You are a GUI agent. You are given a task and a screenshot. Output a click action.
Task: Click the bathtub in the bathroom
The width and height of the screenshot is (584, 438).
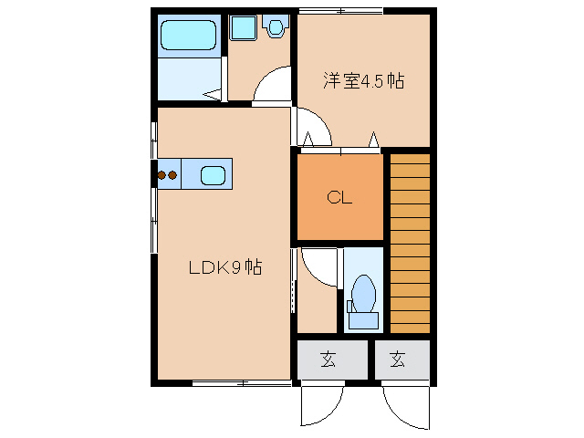[x=190, y=36]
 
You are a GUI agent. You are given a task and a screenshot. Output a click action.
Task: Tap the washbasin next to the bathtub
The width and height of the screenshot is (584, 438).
[x=243, y=28]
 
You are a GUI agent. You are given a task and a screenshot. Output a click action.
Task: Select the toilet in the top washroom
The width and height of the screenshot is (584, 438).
[x=275, y=27]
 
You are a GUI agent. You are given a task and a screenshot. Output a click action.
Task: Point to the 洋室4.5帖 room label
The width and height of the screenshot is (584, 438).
[x=363, y=80]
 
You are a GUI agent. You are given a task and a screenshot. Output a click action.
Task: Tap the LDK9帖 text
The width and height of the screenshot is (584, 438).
[x=225, y=268]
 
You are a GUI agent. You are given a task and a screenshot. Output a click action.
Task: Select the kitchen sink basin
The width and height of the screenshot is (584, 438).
[x=213, y=174]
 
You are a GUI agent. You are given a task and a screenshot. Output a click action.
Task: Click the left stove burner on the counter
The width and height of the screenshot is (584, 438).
[x=162, y=174]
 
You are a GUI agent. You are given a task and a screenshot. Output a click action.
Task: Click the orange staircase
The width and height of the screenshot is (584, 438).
[x=410, y=243]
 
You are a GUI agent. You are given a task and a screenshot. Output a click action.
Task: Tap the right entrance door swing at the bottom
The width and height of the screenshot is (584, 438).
[x=403, y=406]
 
